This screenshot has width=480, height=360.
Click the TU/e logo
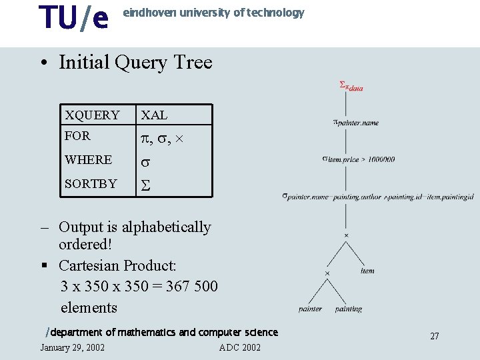[x=73, y=18]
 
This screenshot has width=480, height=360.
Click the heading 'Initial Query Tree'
[x=135, y=63]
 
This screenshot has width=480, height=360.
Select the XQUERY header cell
[x=92, y=115]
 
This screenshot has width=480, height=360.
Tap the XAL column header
[x=154, y=115]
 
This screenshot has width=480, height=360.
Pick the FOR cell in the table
[x=77, y=136]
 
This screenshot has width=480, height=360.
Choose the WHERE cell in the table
[x=88, y=160]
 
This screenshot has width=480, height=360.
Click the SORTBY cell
[x=91, y=183]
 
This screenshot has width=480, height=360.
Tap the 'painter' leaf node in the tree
[x=311, y=309]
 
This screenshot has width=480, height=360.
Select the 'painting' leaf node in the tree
[x=348, y=309]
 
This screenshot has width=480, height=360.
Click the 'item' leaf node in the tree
[x=367, y=271]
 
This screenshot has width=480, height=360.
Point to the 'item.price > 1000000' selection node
[x=358, y=159]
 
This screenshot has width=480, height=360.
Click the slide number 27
[x=434, y=336]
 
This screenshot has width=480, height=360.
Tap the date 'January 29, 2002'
[x=72, y=347]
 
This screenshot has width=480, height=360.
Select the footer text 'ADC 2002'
[x=239, y=347]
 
